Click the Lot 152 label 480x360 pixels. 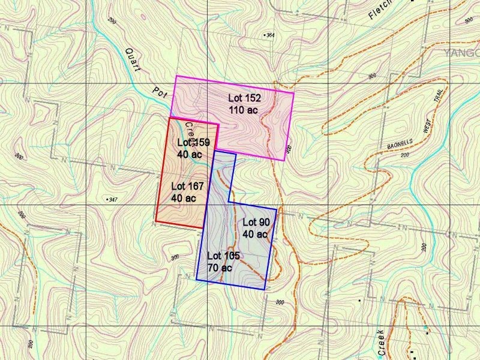tap(244, 98)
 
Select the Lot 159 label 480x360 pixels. tap(194, 143)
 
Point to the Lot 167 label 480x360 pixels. tap(187, 186)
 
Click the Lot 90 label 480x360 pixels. tap(256, 223)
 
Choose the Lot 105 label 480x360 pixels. tap(224, 256)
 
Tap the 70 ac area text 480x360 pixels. tap(220, 267)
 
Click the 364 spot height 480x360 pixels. tap(269, 35)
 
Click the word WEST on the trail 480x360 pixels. tap(427, 128)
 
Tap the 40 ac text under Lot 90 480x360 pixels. tap(254, 234)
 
